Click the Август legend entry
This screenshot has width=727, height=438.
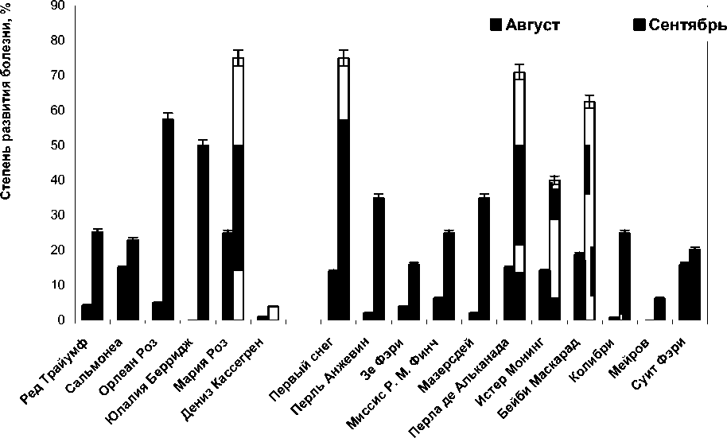[526, 25]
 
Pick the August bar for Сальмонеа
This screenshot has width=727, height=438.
[122, 293]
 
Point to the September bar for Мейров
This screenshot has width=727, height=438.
[659, 309]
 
